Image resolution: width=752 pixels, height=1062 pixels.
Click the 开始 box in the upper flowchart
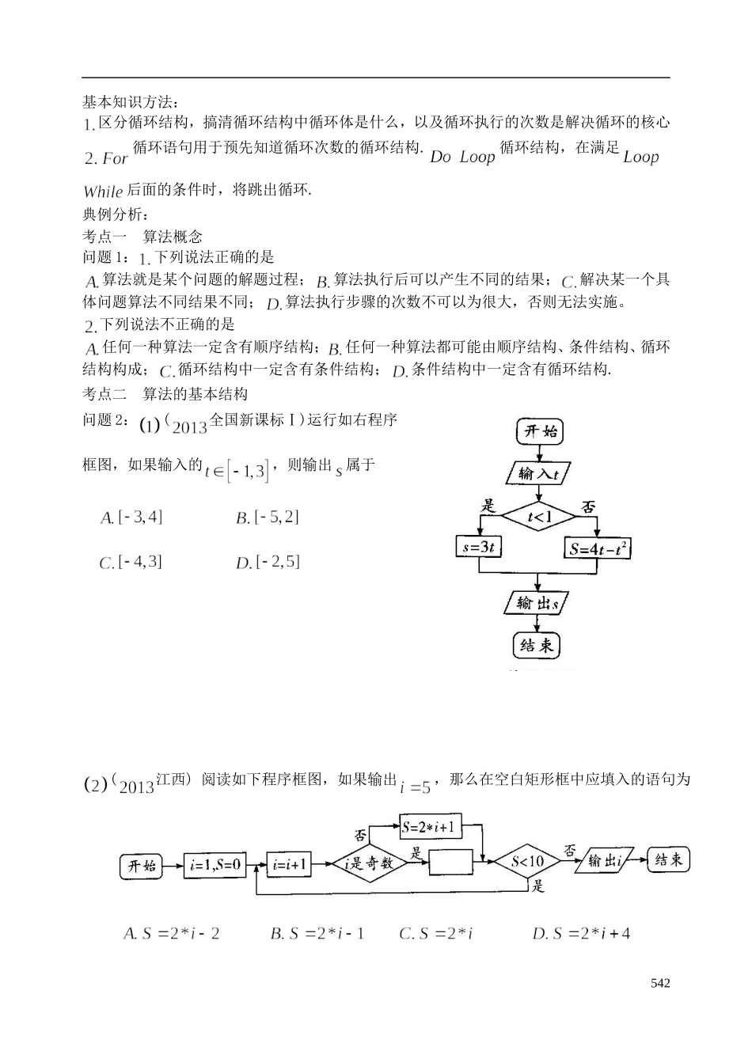tap(540, 431)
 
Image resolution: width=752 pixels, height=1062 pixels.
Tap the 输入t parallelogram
tap(539, 474)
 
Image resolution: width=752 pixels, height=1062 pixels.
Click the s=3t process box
tap(480, 548)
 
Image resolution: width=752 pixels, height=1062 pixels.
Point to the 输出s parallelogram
tap(538, 604)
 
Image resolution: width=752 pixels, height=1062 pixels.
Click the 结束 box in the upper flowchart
tap(537, 645)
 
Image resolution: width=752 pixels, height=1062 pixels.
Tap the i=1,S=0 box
tap(215, 865)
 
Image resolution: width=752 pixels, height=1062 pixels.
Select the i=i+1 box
tap(290, 865)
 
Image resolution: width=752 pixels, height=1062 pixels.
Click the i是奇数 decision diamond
tap(368, 864)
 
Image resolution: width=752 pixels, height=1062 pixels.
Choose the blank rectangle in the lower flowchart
tap(457, 864)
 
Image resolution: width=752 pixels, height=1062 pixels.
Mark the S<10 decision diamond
tap(527, 863)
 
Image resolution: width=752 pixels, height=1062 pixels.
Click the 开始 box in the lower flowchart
tap(142, 866)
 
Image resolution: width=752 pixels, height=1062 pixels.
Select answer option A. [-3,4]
tap(132, 518)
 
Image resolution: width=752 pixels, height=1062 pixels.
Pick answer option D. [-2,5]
tap(268, 563)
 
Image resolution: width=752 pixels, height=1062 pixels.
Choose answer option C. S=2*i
tap(436, 934)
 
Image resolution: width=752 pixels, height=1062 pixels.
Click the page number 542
tap(660, 983)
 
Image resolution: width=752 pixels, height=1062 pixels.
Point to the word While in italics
tap(103, 192)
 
